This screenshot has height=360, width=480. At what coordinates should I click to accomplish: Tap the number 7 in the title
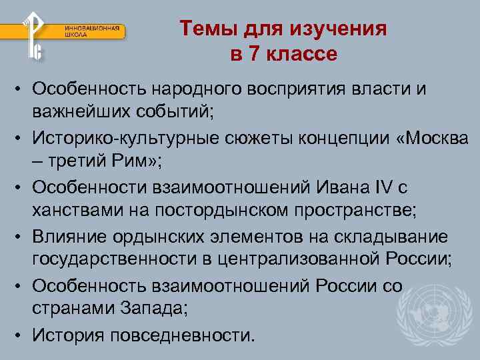[x=255, y=54]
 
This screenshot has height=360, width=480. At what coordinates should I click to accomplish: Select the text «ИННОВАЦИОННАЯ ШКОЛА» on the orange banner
[x=93, y=31]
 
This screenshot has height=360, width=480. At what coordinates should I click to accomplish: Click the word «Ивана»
[x=329, y=187]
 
